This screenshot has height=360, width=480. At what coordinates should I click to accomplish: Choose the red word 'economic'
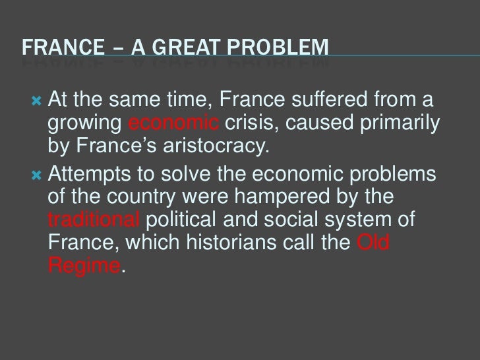tap(173, 125)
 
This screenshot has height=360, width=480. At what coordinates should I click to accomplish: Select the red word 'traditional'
tap(92, 221)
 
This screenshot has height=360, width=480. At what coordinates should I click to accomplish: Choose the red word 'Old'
tap(373, 243)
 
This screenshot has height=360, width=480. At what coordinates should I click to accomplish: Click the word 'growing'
tap(84, 125)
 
